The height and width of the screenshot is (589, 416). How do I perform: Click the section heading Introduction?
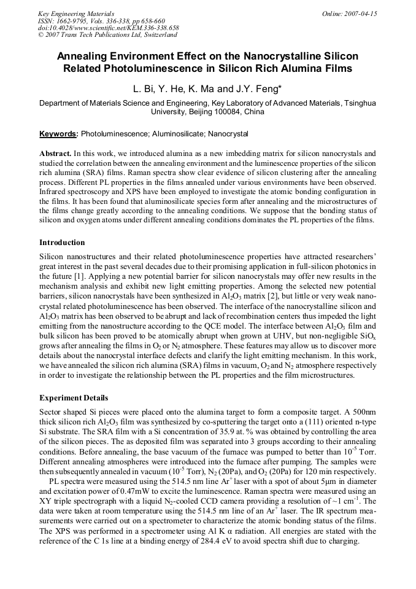62,243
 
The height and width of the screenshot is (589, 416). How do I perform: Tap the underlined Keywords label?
58,133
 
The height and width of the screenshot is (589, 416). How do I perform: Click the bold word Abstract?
55,152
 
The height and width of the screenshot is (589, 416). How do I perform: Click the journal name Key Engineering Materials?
76,13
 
